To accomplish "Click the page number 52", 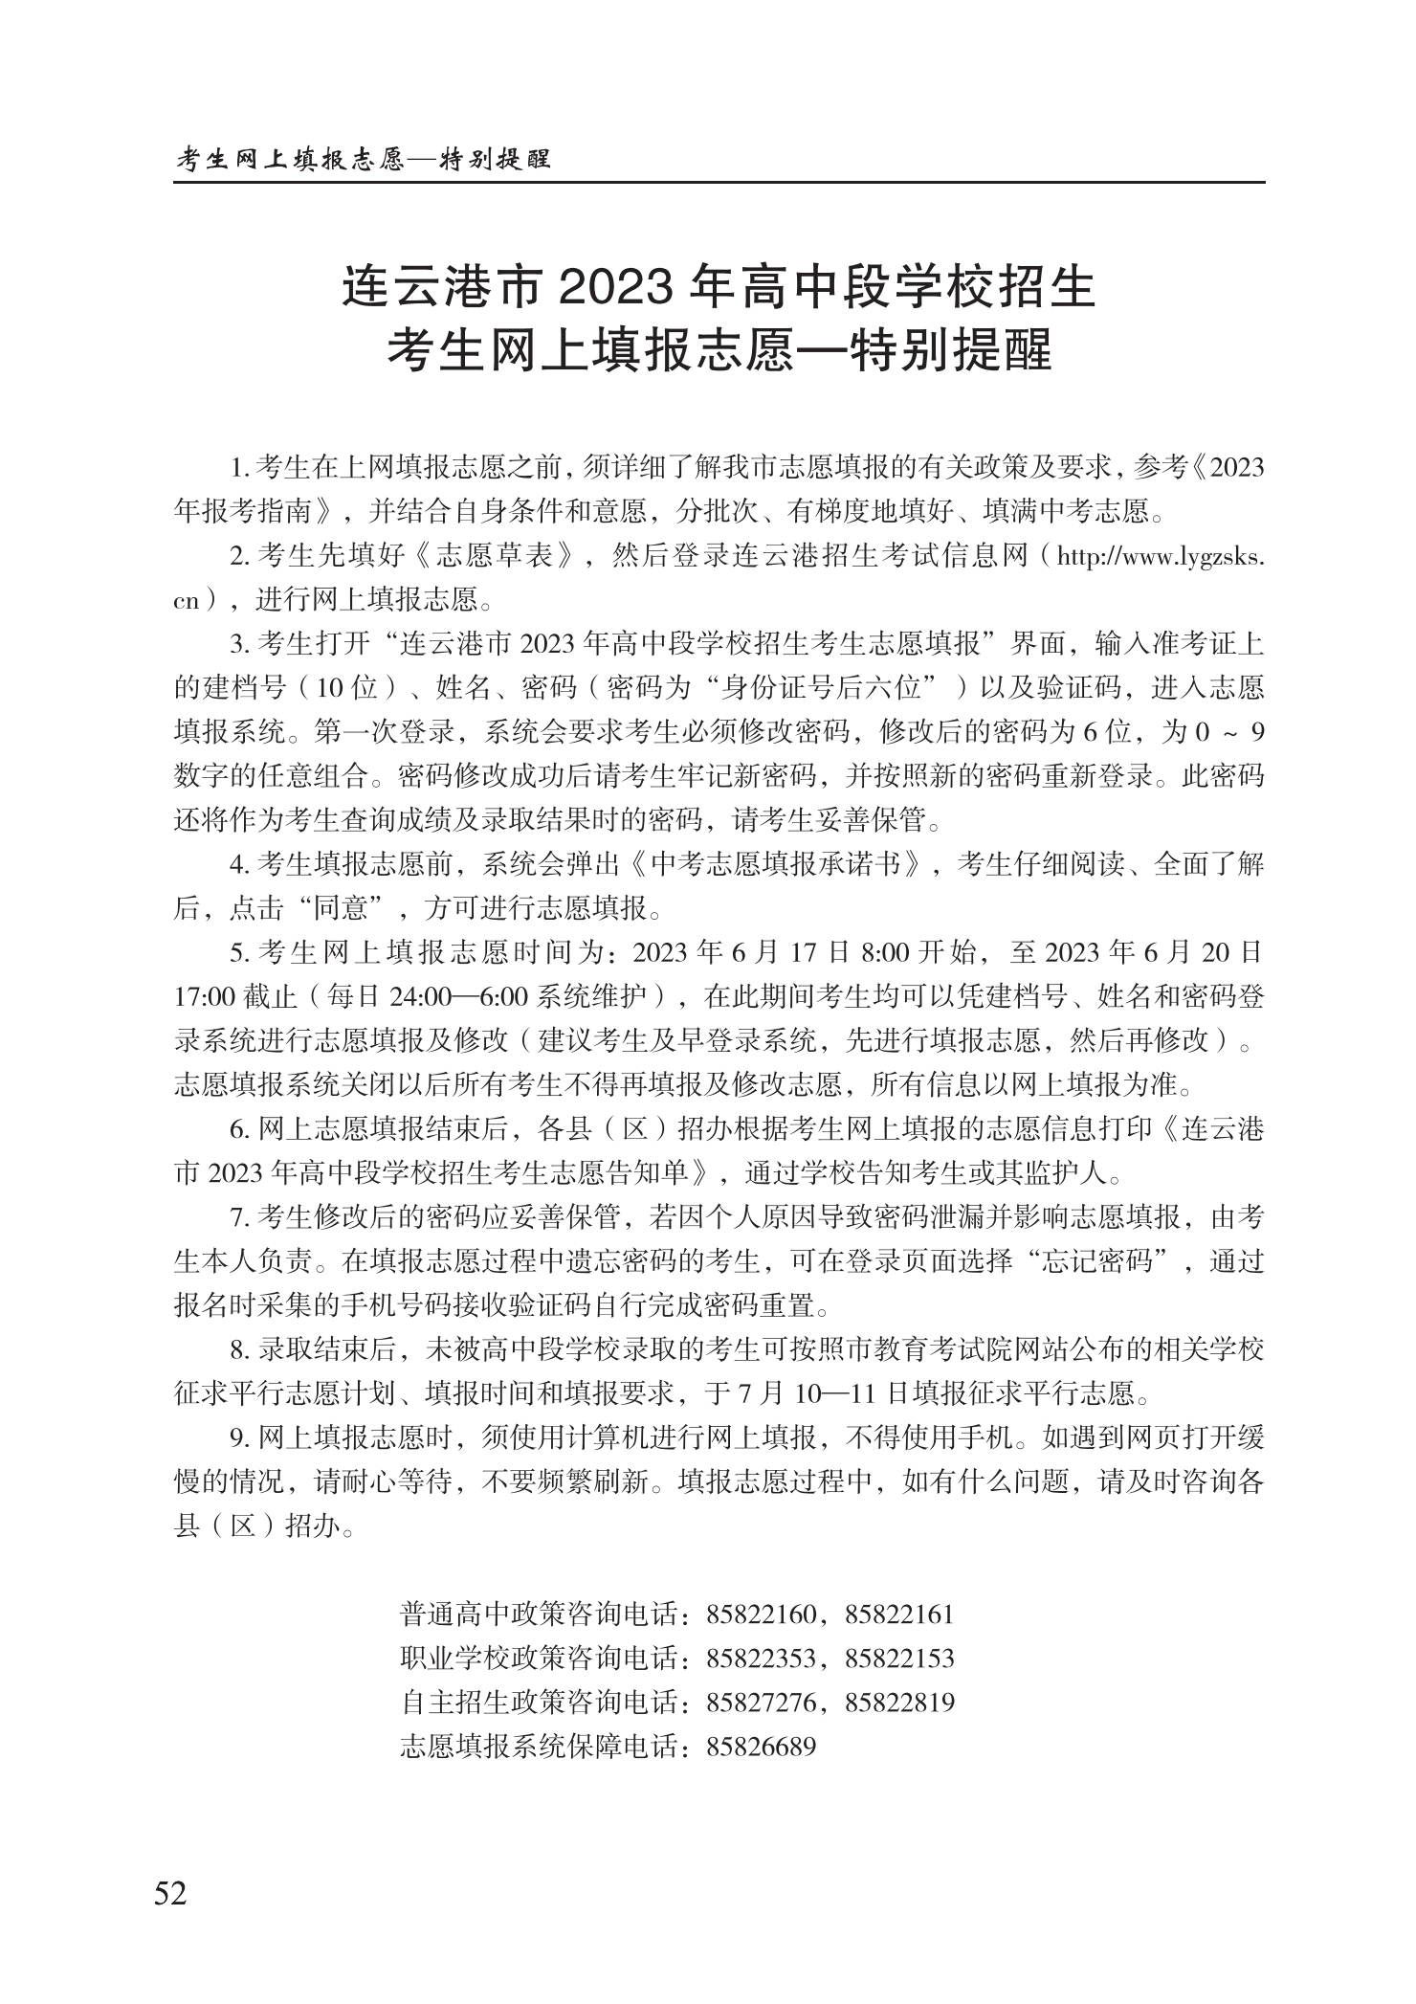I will click(171, 1893).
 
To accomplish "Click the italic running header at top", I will click(365, 159).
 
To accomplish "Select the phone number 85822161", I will click(900, 1614).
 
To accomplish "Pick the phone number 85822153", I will click(900, 1659).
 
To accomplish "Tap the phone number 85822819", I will click(900, 1703).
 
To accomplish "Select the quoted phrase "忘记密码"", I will click(1099, 1261).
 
